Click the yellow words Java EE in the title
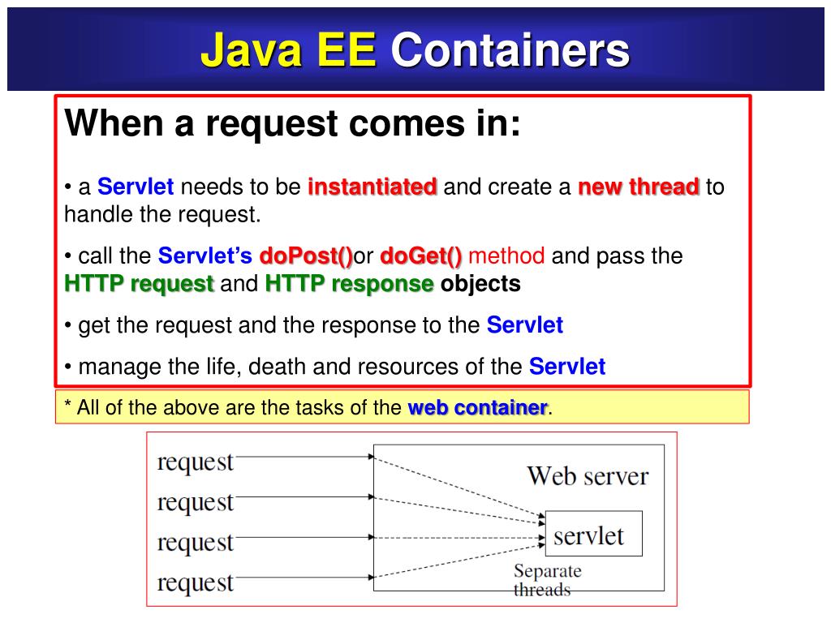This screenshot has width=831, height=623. point(288,50)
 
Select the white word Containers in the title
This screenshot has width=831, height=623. point(510,50)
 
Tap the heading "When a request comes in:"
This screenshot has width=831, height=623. point(292,124)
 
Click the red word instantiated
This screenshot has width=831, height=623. point(372,187)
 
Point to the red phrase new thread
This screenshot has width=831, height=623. point(638,187)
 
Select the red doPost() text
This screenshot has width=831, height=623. point(306,256)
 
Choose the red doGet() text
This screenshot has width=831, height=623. point(420,256)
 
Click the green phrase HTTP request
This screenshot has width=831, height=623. point(139,284)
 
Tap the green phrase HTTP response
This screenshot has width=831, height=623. point(349,284)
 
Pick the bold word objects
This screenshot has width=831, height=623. point(480,284)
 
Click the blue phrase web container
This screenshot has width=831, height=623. point(477,407)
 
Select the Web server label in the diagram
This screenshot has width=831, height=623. point(588,475)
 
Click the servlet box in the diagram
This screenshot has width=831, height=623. point(592,534)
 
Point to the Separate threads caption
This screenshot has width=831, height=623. point(547,580)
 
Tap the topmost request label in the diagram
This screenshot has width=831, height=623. point(195,462)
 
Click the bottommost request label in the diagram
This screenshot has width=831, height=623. point(195,582)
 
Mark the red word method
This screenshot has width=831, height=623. point(506,256)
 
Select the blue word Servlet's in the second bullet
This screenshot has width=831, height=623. point(205,256)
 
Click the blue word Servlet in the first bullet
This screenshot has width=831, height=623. point(136,187)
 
